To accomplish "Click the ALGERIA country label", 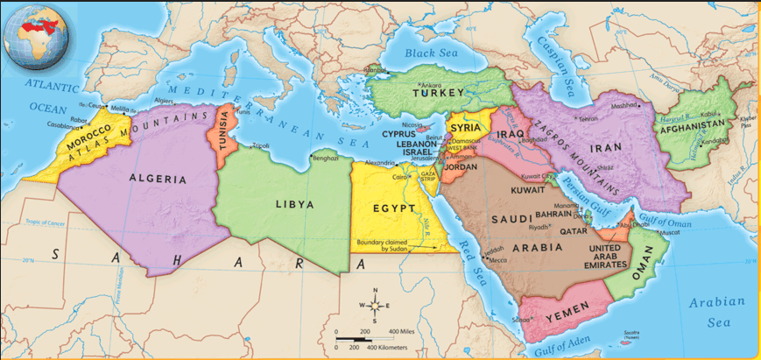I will pos(158,179).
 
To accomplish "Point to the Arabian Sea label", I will pos(715,313).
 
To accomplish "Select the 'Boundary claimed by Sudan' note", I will pos(383,245).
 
